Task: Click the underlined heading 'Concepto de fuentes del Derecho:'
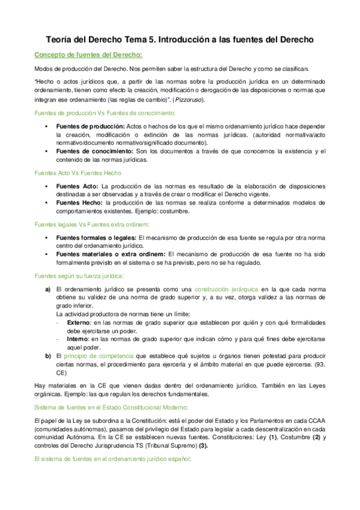[x=88, y=55]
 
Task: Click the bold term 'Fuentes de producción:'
[x=90, y=126]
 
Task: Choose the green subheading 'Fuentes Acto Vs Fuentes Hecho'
[x=78, y=173]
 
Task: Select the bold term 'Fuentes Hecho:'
[x=79, y=203]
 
